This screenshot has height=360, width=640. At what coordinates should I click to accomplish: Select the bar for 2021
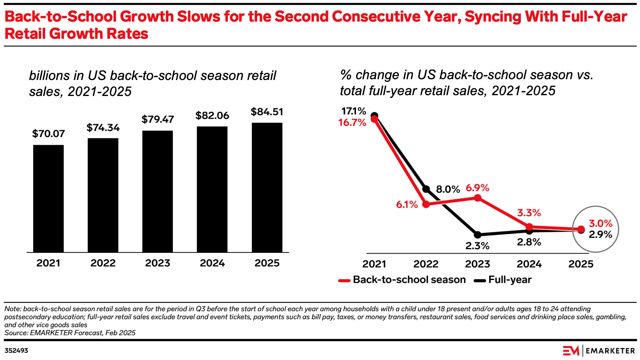(x=48, y=198)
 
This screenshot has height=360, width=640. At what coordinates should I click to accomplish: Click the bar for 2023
(x=158, y=191)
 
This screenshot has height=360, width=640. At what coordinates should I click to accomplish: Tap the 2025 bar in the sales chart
(x=267, y=187)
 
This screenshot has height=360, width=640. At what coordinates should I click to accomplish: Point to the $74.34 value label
(x=103, y=128)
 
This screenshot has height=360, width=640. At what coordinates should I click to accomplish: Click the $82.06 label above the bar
(x=212, y=116)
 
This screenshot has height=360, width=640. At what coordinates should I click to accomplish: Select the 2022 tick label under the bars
(x=103, y=263)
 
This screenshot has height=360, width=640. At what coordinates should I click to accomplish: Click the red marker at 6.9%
(x=477, y=198)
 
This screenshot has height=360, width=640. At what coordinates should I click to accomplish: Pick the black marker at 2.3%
(x=477, y=235)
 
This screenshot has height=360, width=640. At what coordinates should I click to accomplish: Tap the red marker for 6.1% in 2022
(x=426, y=204)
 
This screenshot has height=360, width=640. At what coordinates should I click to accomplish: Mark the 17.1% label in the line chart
(x=354, y=111)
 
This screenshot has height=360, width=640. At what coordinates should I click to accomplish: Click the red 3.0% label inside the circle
(x=600, y=224)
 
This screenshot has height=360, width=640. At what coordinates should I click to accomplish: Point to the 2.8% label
(x=529, y=242)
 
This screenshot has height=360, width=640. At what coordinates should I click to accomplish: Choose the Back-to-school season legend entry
(x=402, y=280)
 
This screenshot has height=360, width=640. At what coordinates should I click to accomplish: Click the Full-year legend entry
(x=503, y=280)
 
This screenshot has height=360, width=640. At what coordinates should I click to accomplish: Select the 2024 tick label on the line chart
(x=529, y=264)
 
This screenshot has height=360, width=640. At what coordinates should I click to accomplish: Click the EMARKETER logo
(x=598, y=351)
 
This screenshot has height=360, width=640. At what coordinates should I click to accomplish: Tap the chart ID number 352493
(x=16, y=351)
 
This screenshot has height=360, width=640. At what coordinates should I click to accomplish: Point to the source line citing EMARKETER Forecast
(x=70, y=333)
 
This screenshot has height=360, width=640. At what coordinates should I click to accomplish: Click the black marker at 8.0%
(x=426, y=189)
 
